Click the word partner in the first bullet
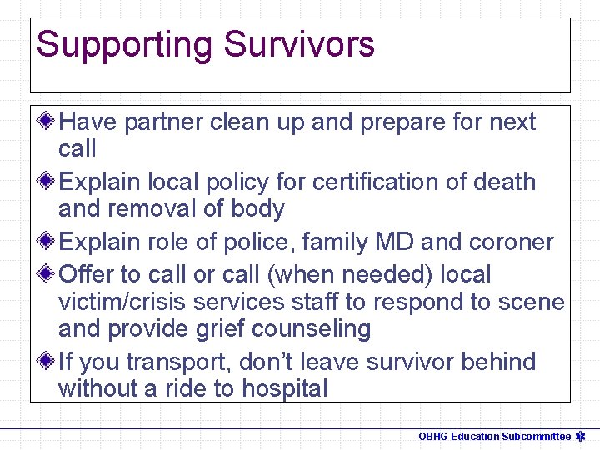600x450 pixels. tap(162, 122)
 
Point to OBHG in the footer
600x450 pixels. tap(433, 436)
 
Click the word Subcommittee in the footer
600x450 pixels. tap(537, 436)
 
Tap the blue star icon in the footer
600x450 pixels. tap(583, 436)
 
